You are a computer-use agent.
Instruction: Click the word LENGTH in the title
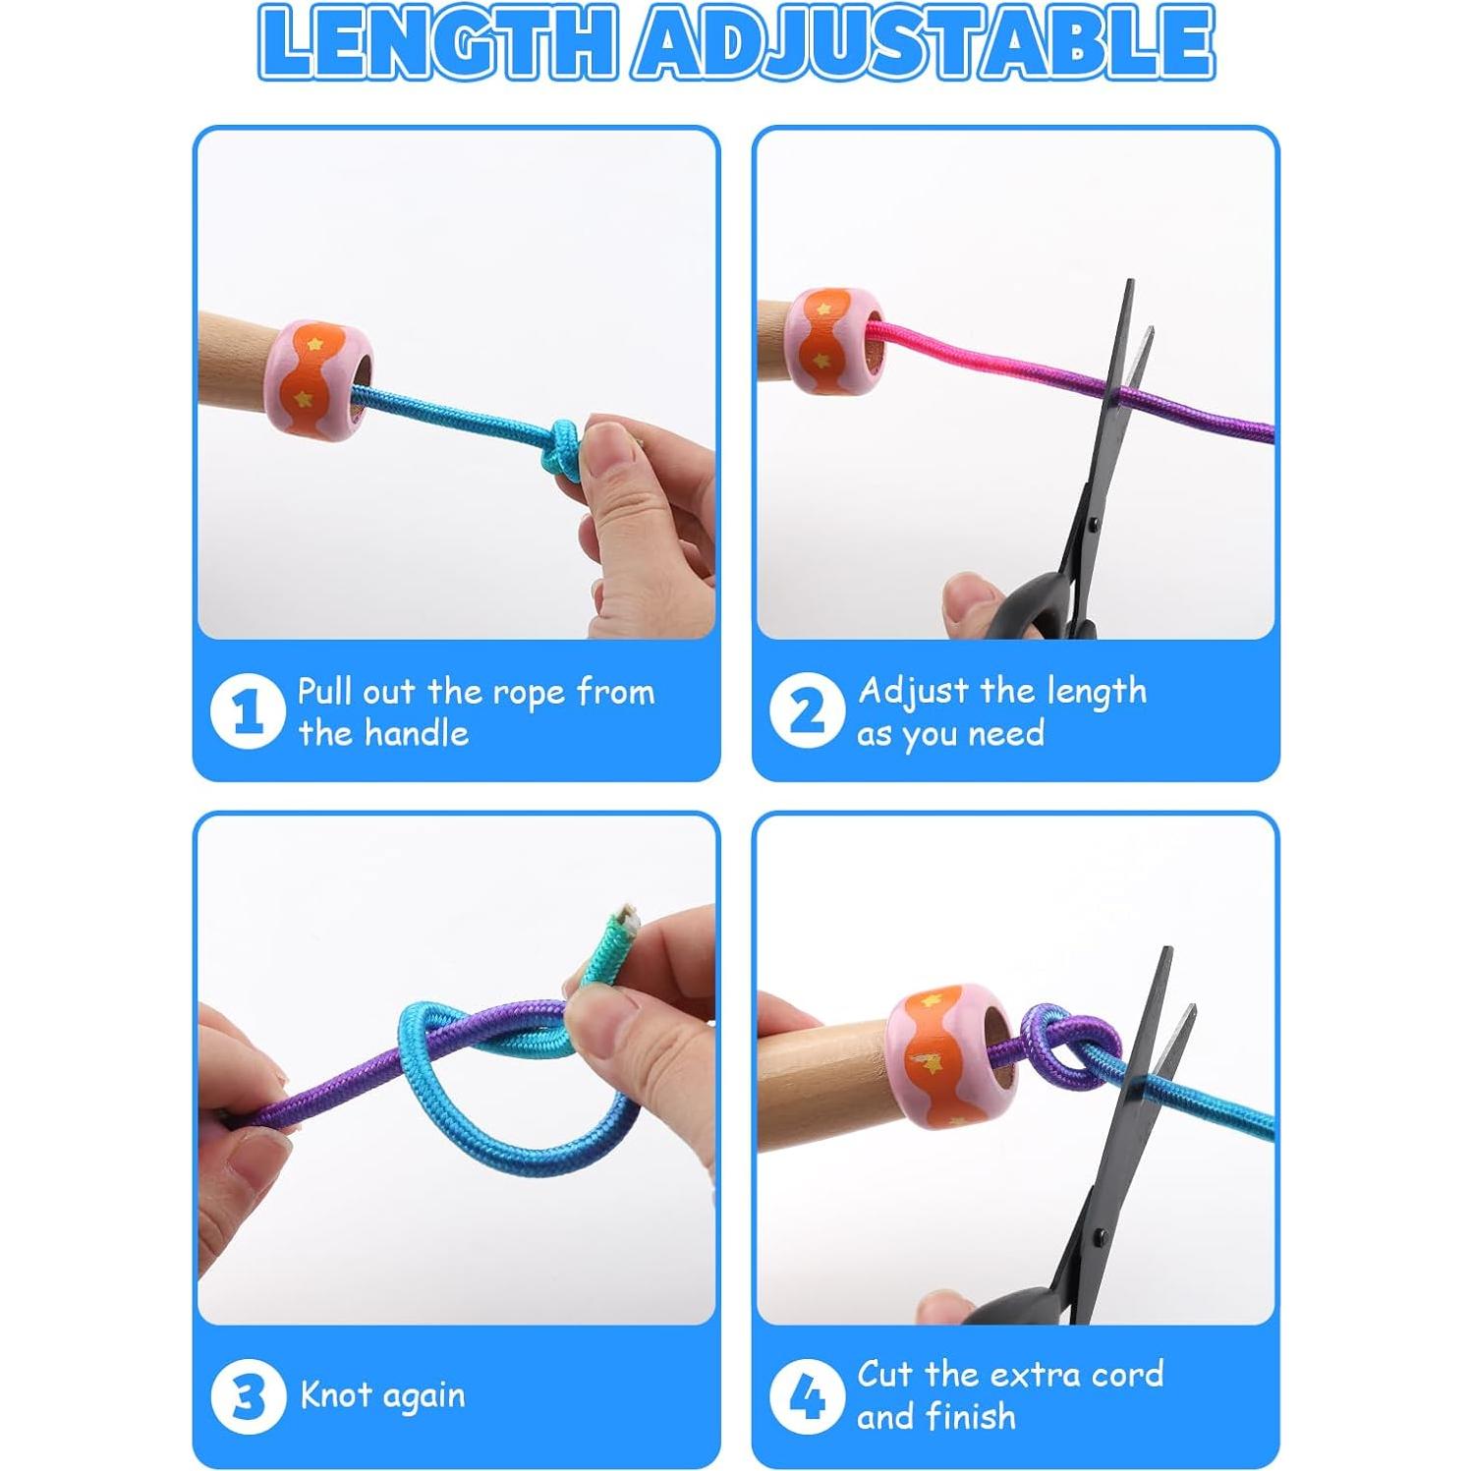coord(437,43)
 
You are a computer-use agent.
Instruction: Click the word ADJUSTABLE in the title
coord(924,43)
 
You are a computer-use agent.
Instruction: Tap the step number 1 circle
coord(247,711)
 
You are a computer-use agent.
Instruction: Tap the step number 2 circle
coord(807,710)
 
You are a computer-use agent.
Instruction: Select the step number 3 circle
coord(247,1396)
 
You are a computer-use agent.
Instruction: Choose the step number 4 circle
coord(807,1396)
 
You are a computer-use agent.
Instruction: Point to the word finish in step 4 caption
coord(969,1417)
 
